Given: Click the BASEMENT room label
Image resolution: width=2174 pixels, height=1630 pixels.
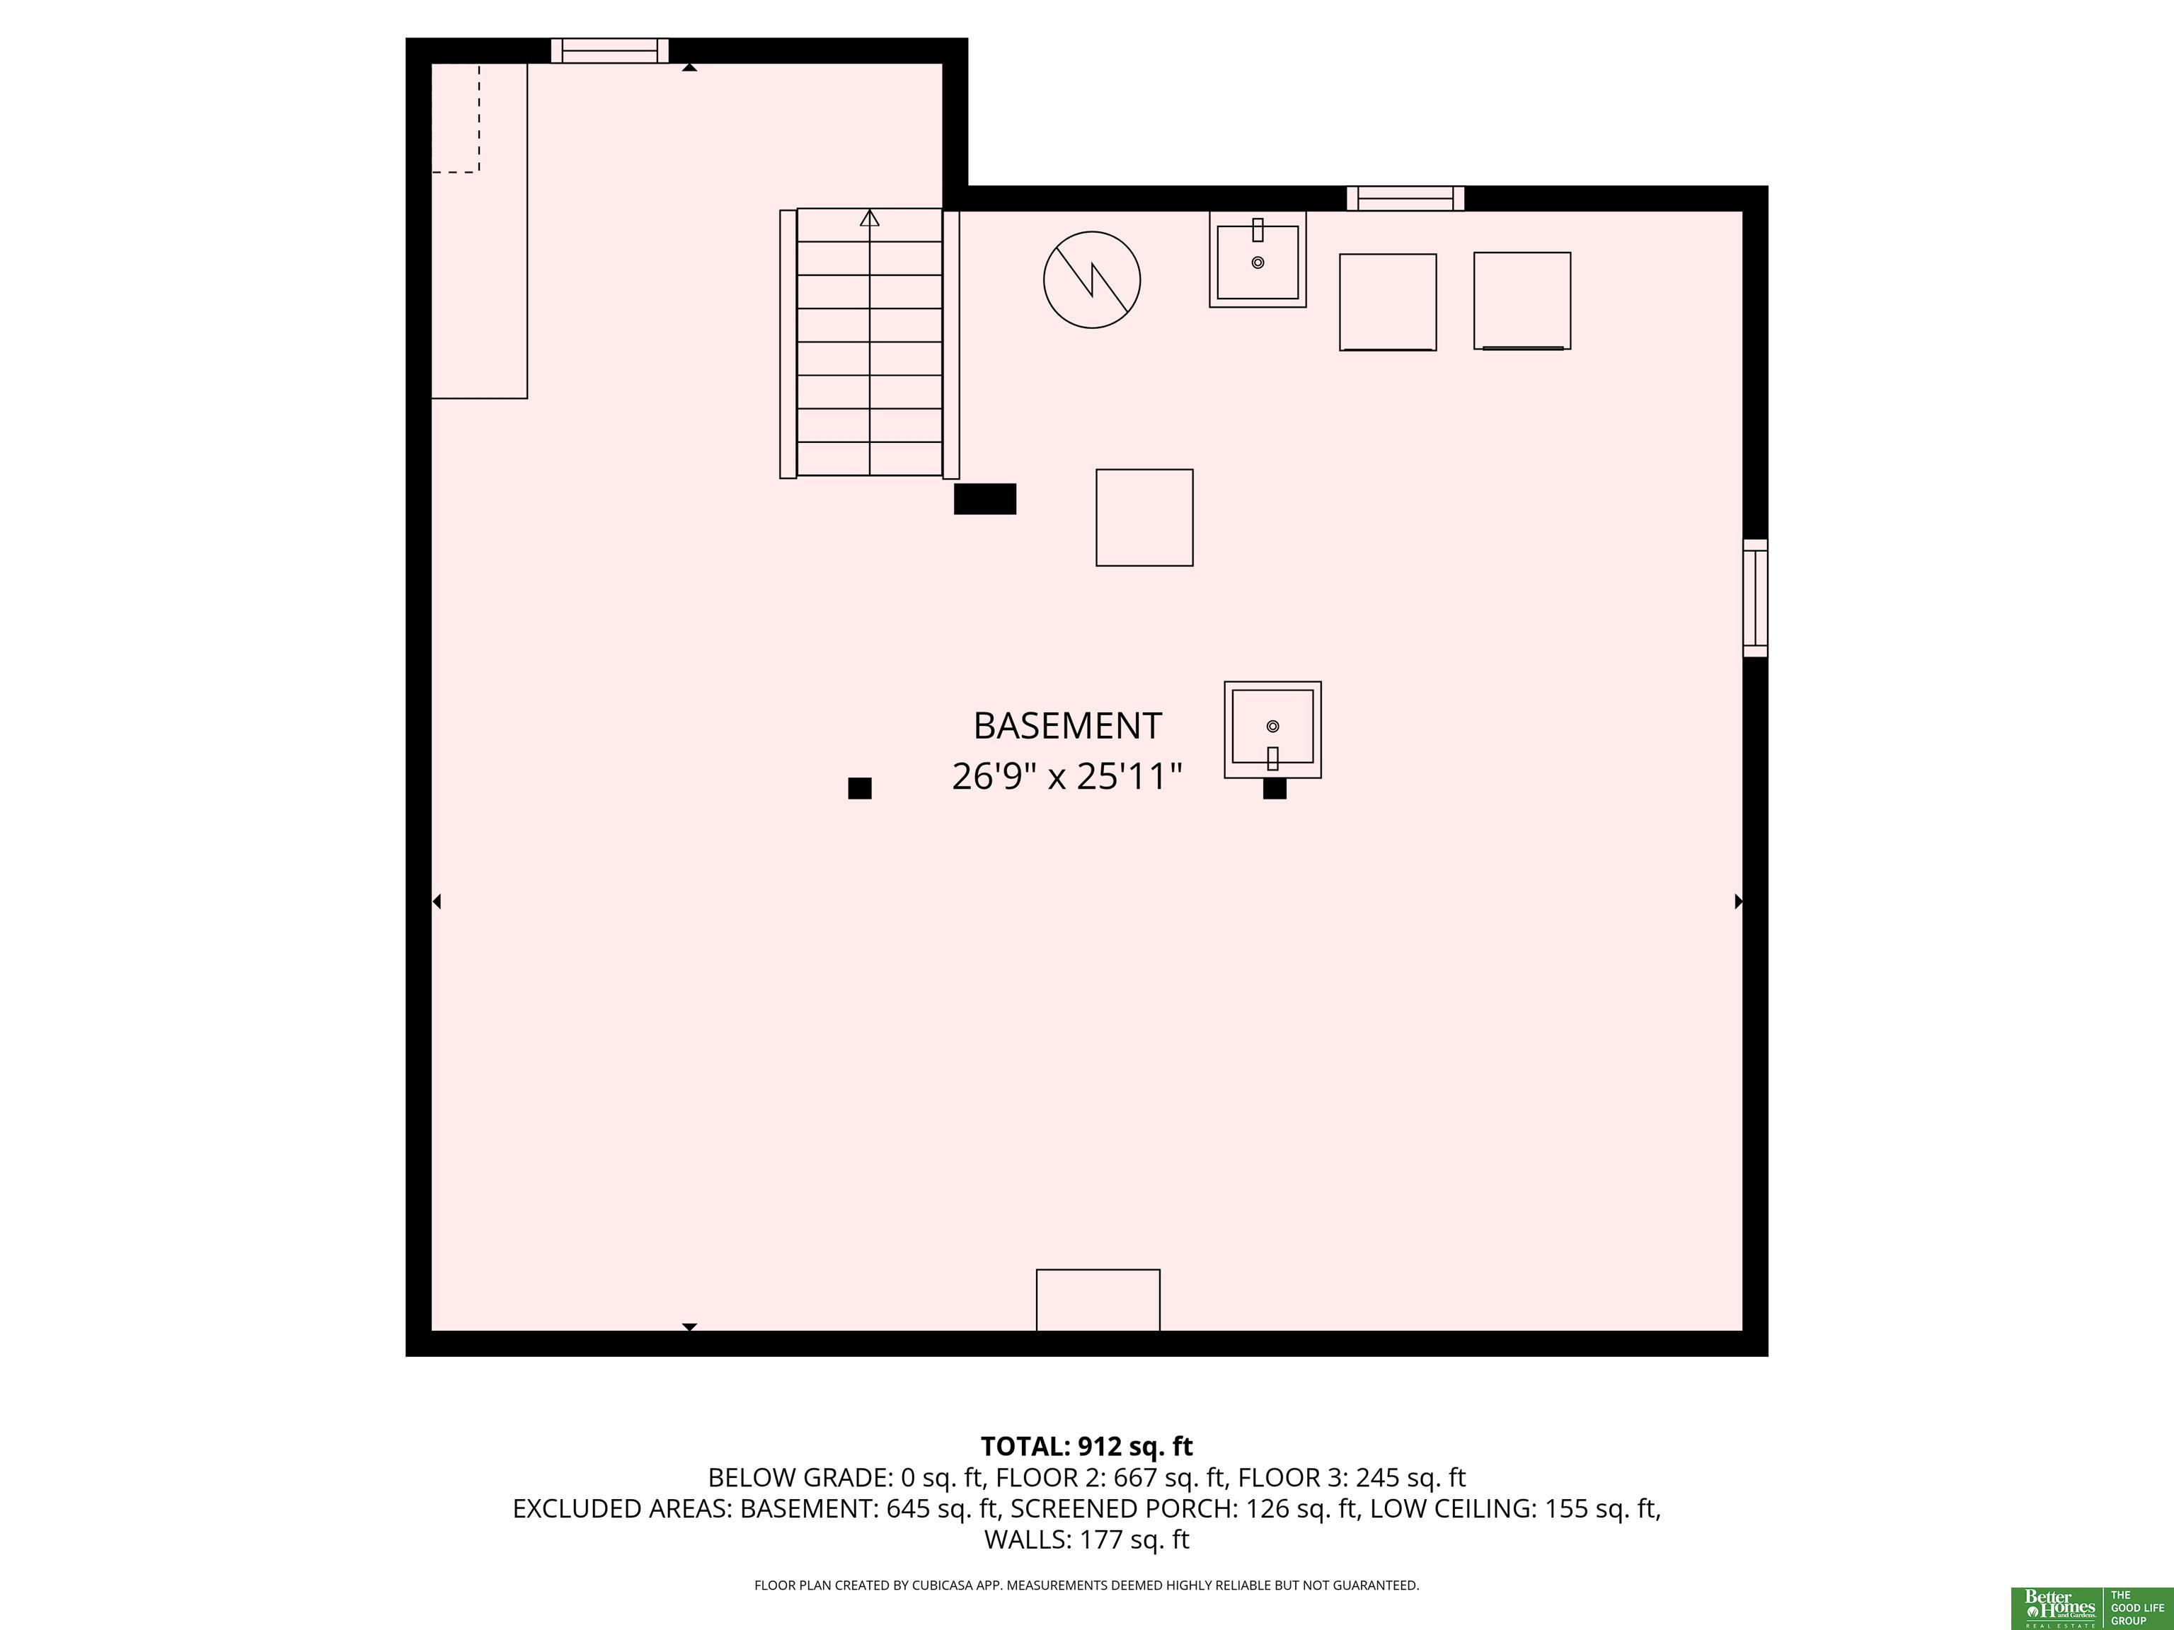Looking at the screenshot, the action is click(x=1067, y=726).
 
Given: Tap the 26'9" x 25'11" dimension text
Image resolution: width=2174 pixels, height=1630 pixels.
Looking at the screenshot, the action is click(x=1066, y=776).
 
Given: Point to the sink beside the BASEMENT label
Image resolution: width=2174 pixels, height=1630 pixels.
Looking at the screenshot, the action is click(x=1272, y=730).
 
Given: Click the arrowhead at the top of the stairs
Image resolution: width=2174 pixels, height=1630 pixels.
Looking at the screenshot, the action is click(x=870, y=218).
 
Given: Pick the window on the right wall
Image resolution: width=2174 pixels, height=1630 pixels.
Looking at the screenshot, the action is click(x=1755, y=597).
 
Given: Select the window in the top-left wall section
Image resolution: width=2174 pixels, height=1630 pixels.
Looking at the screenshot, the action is click(x=609, y=50).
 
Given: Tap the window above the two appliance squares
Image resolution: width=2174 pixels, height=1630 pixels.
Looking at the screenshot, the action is click(x=1405, y=199).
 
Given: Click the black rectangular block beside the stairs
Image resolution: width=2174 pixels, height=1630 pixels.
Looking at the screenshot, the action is click(x=985, y=499).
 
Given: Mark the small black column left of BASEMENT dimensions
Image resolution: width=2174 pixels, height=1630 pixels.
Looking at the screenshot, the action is click(x=860, y=788).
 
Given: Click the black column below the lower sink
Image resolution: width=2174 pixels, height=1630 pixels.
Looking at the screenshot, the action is click(x=1275, y=788).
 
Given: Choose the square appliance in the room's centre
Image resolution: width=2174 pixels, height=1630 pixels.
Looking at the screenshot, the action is click(x=1145, y=518).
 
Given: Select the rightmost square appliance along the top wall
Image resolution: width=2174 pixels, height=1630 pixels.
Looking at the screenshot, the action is click(x=1522, y=301).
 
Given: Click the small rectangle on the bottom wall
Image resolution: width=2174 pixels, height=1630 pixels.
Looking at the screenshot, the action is click(x=1098, y=1300).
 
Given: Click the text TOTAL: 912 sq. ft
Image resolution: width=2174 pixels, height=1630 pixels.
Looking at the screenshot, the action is click(x=1087, y=1446).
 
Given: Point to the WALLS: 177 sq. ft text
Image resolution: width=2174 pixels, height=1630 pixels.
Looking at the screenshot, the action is click(x=1087, y=1539).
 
